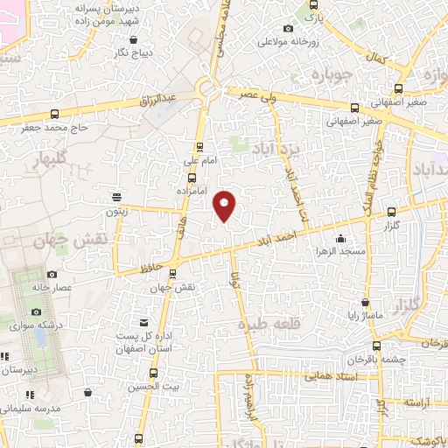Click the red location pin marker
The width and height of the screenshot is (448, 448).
click(x=225, y=205)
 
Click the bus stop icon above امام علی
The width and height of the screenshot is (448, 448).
click(x=199, y=147)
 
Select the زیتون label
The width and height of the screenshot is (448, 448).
click(x=117, y=211)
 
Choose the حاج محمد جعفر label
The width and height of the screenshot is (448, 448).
click(x=56, y=128)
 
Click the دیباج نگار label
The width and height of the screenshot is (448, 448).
click(x=132, y=52)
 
